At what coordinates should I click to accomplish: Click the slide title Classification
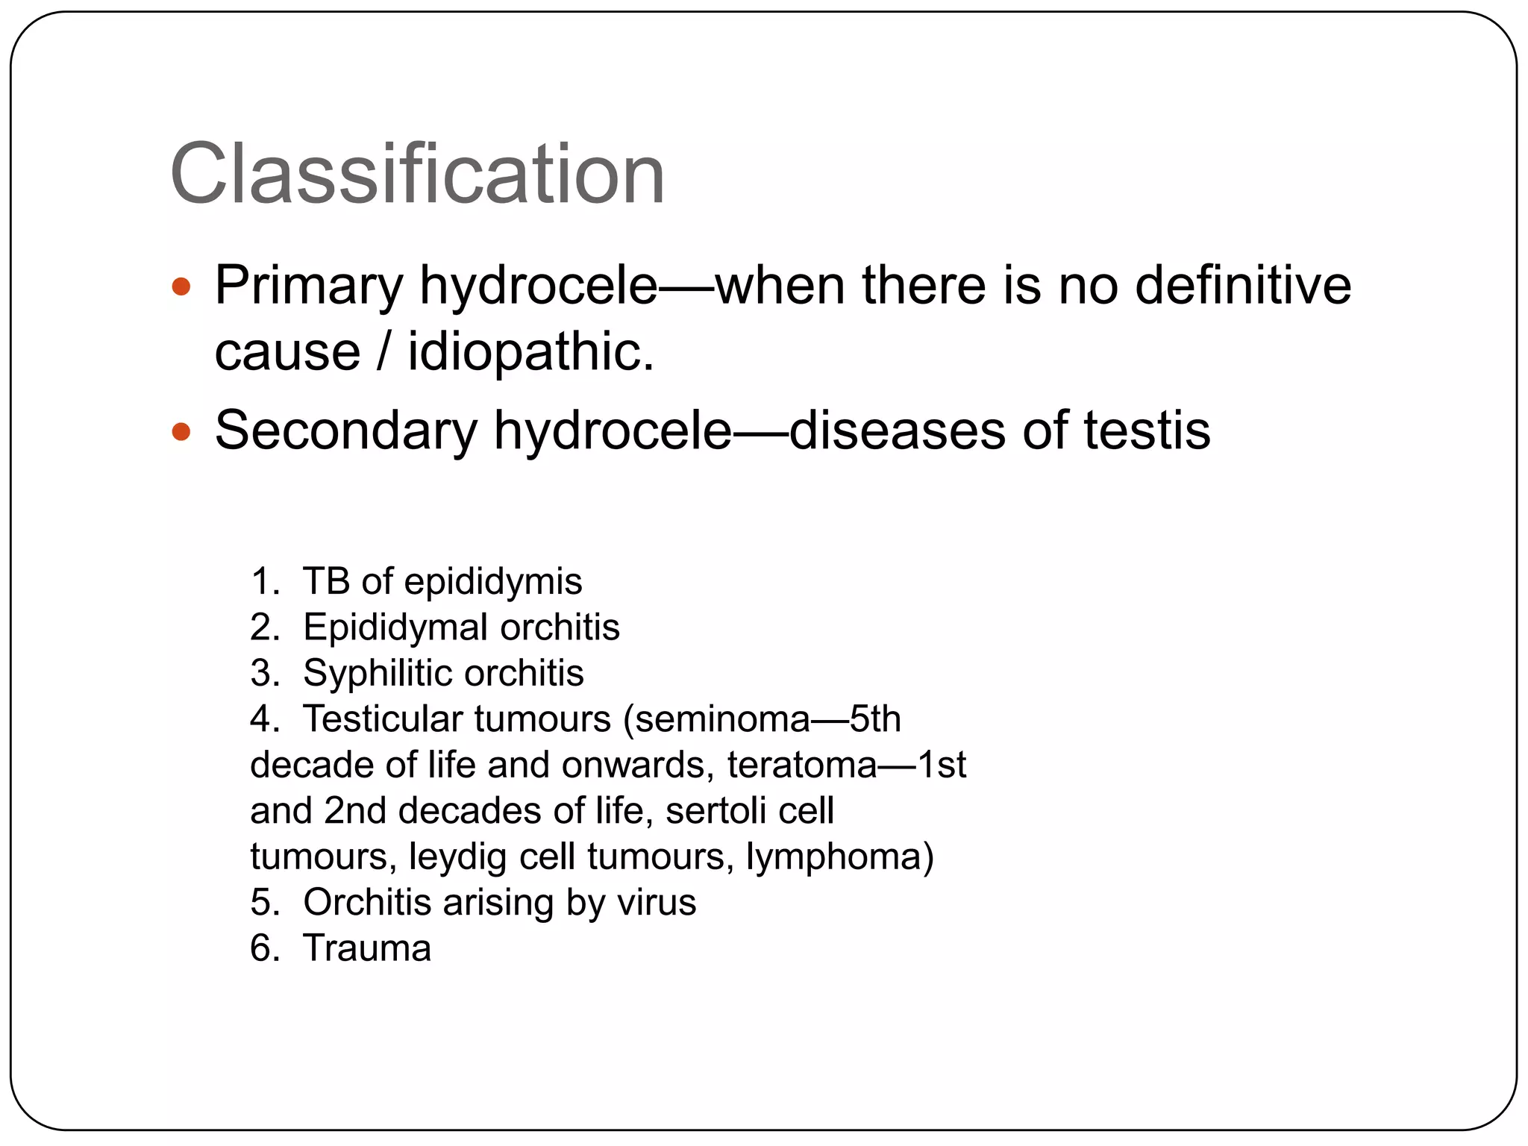coord(417,175)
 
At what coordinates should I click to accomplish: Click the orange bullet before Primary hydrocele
coord(181,286)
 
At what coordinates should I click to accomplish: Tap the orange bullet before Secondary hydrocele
coord(181,431)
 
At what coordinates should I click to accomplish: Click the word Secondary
coord(345,430)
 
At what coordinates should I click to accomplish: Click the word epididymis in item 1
coord(492,582)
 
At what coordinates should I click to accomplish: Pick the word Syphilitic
coord(377,673)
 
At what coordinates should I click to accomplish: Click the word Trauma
coord(367,948)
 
